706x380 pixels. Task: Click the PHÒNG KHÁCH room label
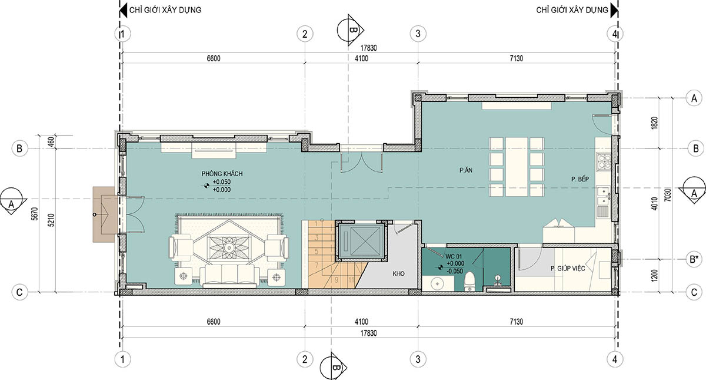coord(222,174)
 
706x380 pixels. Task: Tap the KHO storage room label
coord(398,273)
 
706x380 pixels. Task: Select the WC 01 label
coord(454,257)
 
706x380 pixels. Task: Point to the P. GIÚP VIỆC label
coord(568,268)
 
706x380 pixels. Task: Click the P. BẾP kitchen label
coord(580,179)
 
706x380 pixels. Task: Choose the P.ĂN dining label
coord(466,170)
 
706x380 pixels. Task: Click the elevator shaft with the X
coord(361,241)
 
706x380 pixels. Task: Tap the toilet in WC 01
coord(469,282)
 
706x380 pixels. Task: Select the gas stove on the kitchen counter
coord(604,161)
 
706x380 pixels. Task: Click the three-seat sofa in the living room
coord(229,276)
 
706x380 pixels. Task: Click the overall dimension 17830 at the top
coord(368,48)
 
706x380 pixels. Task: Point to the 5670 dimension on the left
coord(35,214)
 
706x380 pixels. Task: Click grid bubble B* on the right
coord(694,259)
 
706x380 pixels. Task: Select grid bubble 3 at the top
coord(418,34)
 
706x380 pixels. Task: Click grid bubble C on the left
coord(19,292)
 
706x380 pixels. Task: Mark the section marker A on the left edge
coord(11,201)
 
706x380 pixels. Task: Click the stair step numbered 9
coord(337,280)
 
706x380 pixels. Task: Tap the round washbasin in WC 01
coord(438,284)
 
